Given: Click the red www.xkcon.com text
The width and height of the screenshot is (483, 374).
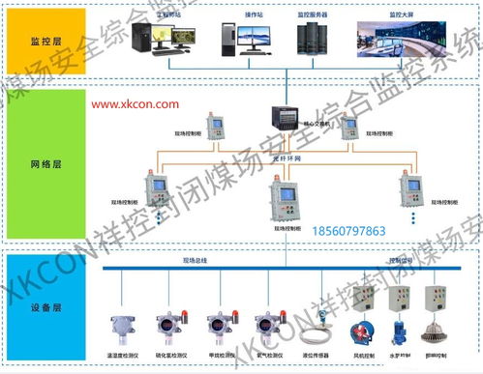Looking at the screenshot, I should pos(136,102).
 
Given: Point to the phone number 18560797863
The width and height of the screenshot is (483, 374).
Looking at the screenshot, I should pos(349,231).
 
